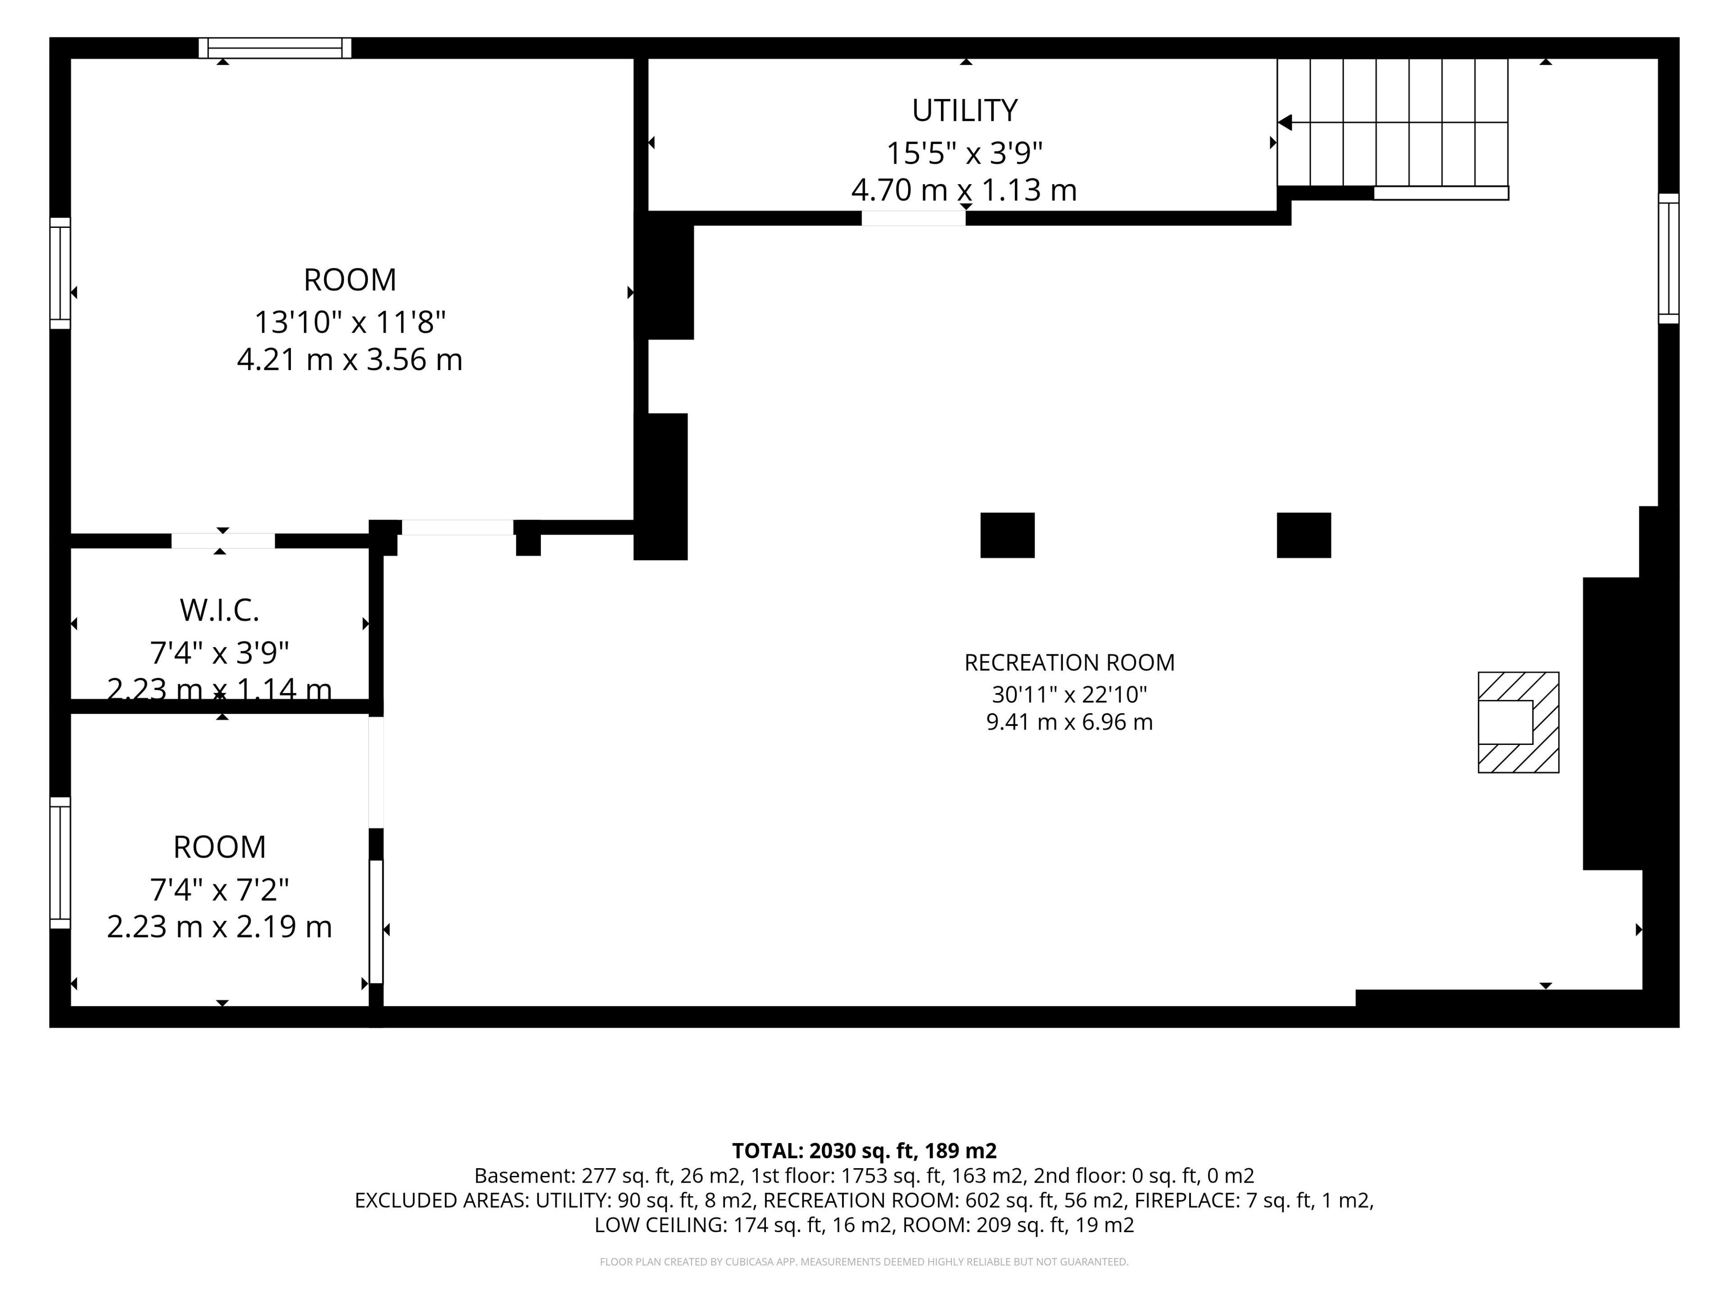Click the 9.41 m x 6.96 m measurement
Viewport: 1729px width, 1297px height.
click(x=1069, y=721)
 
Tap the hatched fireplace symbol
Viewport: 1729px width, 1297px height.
click(x=1518, y=722)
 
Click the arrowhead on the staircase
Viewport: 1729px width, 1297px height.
click(x=1284, y=123)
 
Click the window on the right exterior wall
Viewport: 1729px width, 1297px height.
click(x=1668, y=258)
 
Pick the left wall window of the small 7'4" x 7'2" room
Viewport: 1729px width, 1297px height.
click(x=60, y=862)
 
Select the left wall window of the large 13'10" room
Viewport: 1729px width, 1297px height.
click(x=60, y=273)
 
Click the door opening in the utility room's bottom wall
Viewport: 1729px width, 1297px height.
click(x=913, y=218)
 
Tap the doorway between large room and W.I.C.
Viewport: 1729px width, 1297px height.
click(x=223, y=541)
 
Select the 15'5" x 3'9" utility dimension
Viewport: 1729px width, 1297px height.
click(x=964, y=153)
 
